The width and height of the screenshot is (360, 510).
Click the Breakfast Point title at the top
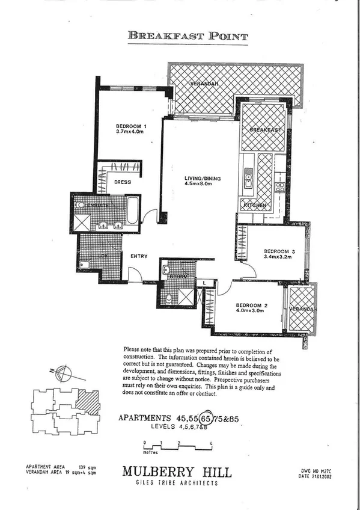pos(188,36)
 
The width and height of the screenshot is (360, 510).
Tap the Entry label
pos(139,257)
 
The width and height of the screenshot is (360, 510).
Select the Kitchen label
pos(254,206)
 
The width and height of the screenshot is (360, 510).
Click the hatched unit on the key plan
pos(90,402)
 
